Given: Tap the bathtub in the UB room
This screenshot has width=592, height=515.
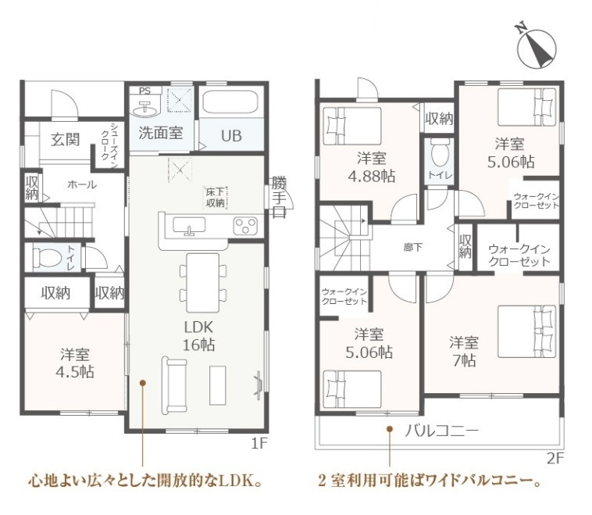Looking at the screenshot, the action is click(230, 102).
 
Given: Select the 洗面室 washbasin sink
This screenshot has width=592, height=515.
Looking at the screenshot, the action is click(146, 108).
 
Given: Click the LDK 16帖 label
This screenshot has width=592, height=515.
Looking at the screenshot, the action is click(198, 335).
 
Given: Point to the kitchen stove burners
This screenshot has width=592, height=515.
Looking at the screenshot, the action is click(245, 227).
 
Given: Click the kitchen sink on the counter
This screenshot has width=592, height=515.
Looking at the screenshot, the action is click(189, 226).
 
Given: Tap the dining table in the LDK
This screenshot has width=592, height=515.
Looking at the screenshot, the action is click(203, 283).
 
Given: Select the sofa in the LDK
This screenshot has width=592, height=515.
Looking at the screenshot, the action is click(174, 384).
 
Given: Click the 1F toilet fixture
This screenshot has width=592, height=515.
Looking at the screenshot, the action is click(47, 258).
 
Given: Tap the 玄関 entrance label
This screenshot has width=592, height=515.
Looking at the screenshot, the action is click(66, 139).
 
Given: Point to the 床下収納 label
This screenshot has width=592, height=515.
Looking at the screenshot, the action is click(216, 197).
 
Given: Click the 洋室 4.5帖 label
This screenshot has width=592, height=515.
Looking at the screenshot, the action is click(75, 363).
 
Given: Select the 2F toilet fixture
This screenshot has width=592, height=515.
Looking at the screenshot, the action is click(439, 152).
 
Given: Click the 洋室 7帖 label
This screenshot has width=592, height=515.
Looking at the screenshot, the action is click(464, 351).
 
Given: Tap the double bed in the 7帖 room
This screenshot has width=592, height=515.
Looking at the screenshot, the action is click(527, 331).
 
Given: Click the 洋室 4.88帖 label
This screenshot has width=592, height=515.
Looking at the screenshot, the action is click(372, 167).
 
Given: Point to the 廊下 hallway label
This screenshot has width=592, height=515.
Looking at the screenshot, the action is click(412, 248).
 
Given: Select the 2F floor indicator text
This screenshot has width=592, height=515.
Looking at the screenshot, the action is click(555, 458).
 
